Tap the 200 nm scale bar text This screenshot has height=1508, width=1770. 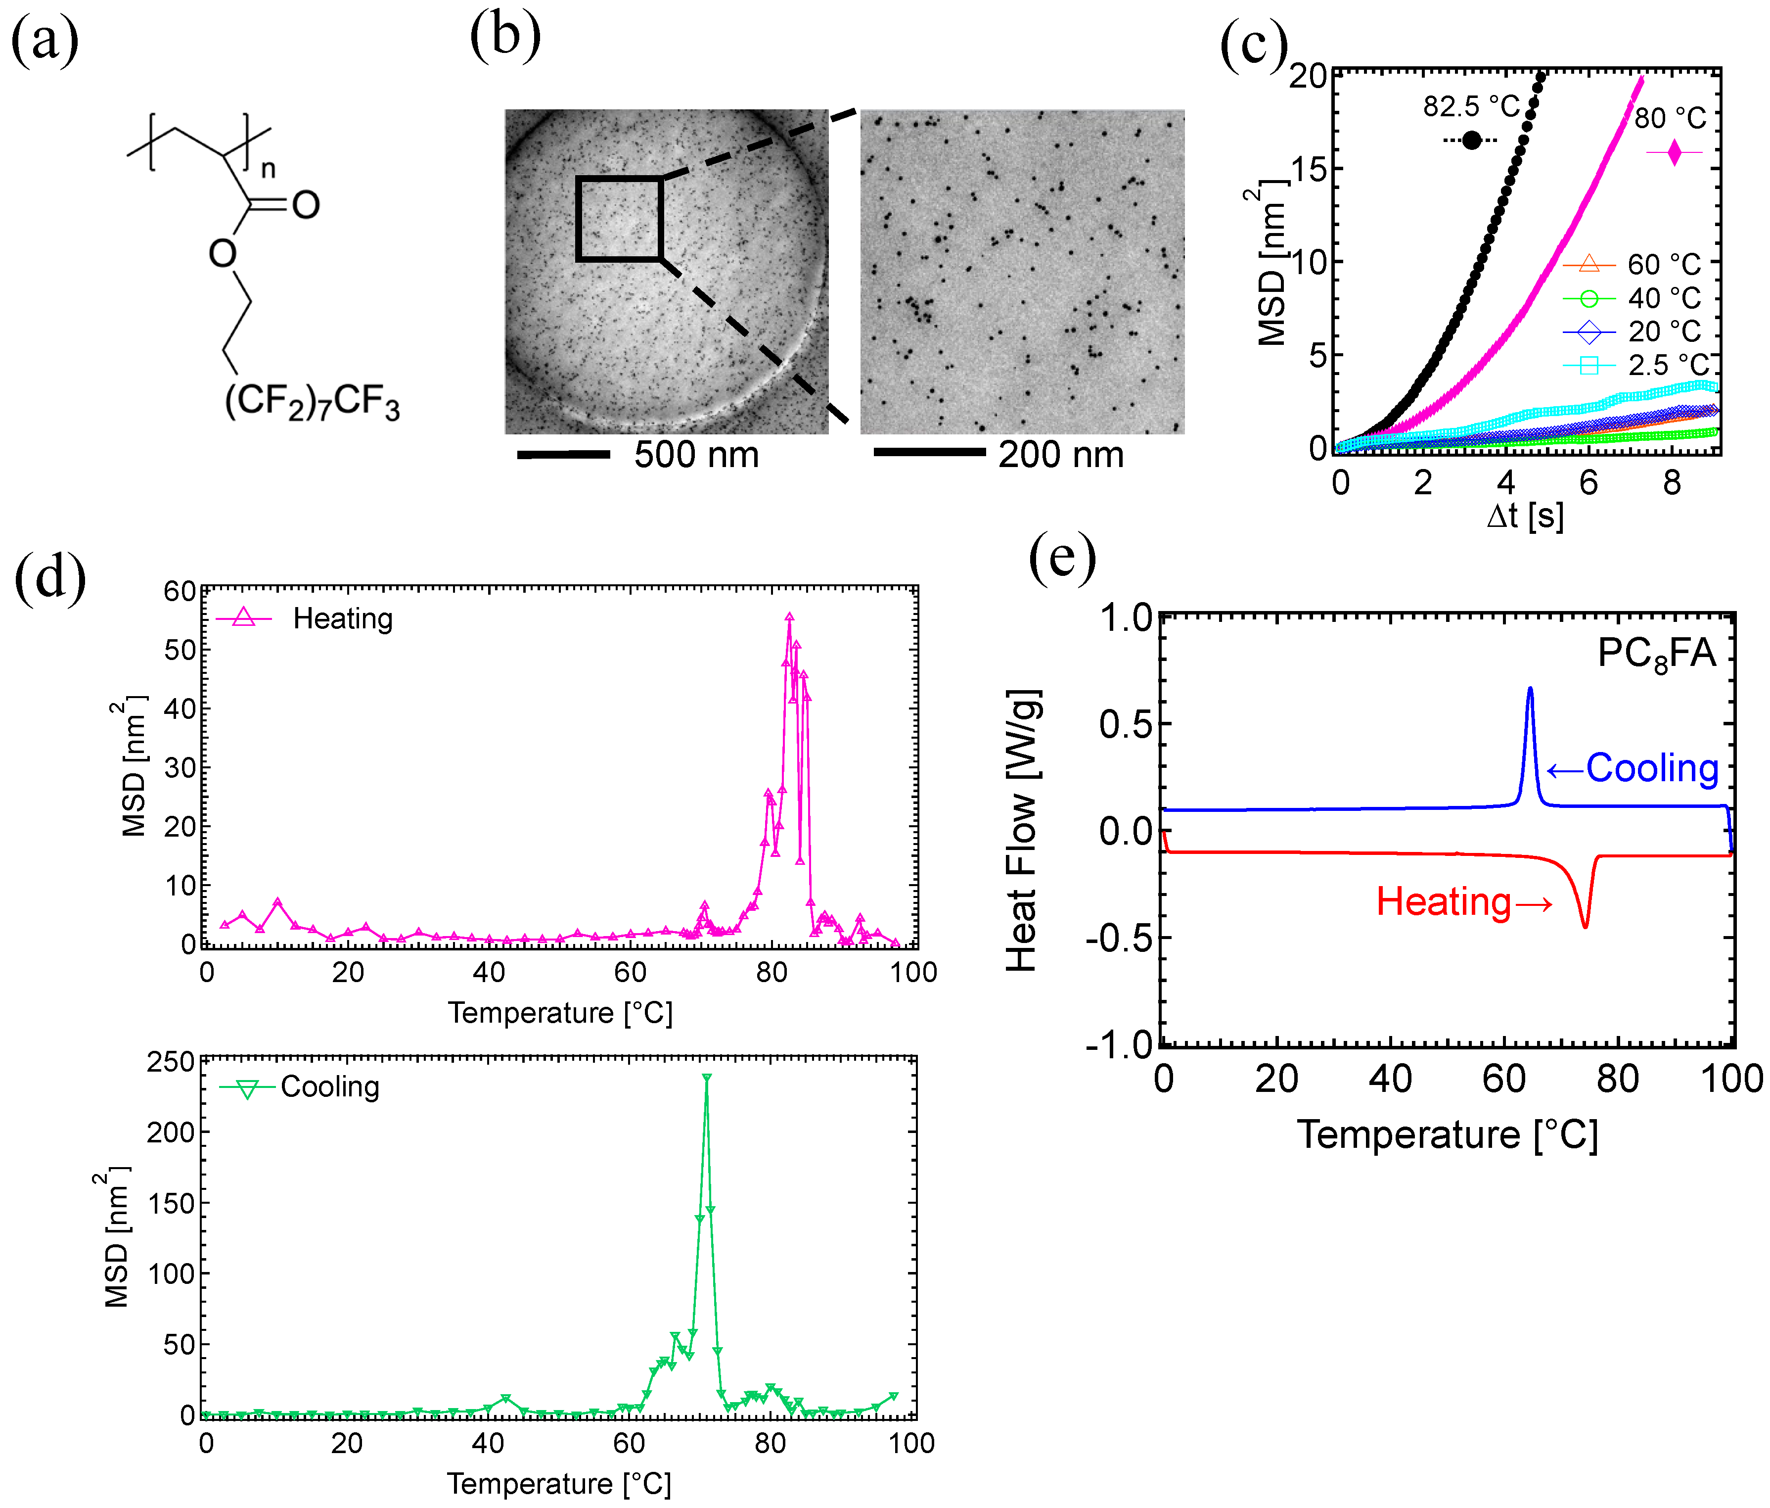pyautogui.click(x=1060, y=455)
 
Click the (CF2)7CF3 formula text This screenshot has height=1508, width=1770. pyautogui.click(x=312, y=402)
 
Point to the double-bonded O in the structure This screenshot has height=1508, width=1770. pyautogui.click(x=306, y=205)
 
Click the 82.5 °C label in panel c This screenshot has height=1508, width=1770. pyautogui.click(x=1470, y=107)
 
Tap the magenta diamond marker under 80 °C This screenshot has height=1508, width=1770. pyautogui.click(x=1674, y=153)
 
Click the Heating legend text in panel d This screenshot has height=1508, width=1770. pyautogui.click(x=343, y=618)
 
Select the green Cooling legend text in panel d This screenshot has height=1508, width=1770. pyautogui.click(x=330, y=1087)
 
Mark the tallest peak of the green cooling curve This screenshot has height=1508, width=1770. pyautogui.click(x=706, y=1078)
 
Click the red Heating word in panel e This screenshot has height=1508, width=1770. pyautogui.click(x=1444, y=902)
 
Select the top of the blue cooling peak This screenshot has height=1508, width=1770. pyautogui.click(x=1530, y=689)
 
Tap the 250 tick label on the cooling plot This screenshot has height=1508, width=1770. pyautogui.click(x=171, y=1062)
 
